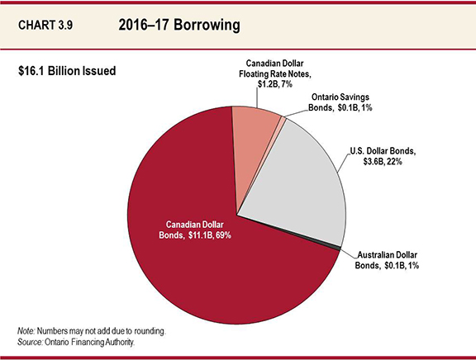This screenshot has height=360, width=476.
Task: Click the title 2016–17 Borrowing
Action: [179, 26]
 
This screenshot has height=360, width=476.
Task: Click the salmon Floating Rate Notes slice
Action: [256, 136]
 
